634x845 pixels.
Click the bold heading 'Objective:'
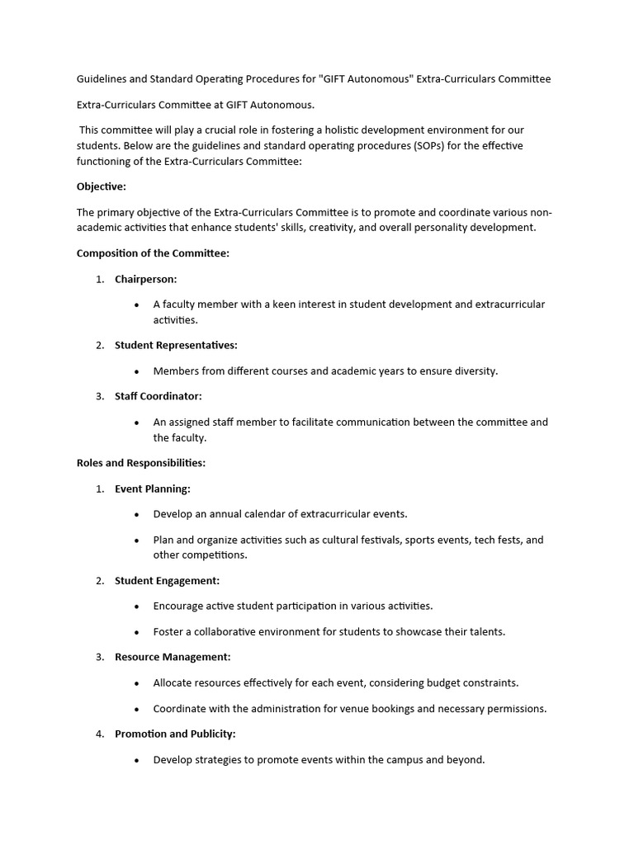pos(102,186)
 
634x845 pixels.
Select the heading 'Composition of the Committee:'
pos(153,253)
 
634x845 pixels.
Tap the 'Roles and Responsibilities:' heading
pos(141,463)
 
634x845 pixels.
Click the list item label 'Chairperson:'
pos(145,279)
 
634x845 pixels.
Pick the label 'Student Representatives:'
pos(176,345)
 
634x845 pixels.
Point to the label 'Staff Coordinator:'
pos(158,396)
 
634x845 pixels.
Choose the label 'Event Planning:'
pos(153,489)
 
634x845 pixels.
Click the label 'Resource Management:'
pos(173,657)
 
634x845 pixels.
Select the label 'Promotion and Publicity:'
pos(175,734)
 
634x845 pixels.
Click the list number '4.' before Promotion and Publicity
pos(100,734)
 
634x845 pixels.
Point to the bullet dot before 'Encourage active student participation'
pos(136,607)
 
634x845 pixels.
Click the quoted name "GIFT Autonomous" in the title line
pos(365,79)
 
